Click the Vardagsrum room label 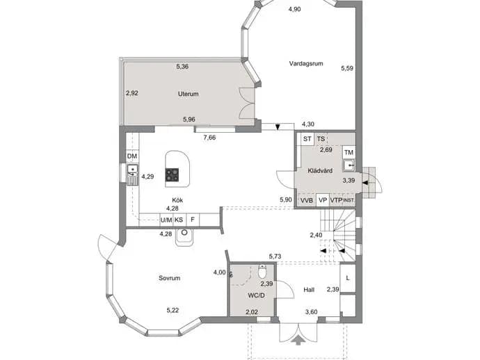coord(306,64)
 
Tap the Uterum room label coord(188,94)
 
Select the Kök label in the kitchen coord(177,200)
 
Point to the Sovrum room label coord(169,278)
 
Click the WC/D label coord(256,295)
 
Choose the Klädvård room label coord(320,171)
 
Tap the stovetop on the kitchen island coord(173,175)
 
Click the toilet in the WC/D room coord(262,270)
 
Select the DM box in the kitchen coord(132,156)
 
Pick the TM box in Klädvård coord(349,152)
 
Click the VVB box coord(307,200)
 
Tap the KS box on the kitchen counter coord(179,220)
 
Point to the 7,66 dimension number coord(209,138)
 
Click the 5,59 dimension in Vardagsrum coord(347,68)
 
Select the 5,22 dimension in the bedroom coord(173,310)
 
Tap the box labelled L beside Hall coord(348,278)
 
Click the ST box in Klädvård coord(307,139)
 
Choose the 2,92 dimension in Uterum coord(132,93)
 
